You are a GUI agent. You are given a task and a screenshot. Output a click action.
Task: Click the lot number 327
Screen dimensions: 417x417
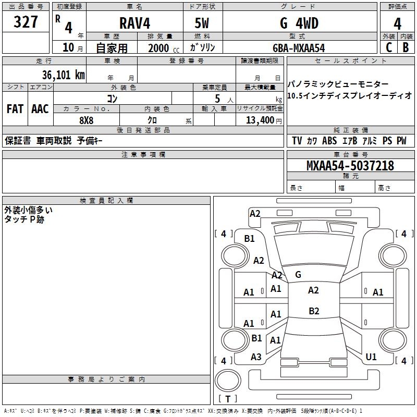[x=26, y=22]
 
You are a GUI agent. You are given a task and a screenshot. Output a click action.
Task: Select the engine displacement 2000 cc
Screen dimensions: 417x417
[x=156, y=48]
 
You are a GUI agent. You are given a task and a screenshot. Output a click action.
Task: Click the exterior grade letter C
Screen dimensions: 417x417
[x=389, y=47]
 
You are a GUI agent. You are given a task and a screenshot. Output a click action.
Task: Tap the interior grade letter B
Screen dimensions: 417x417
[x=406, y=47]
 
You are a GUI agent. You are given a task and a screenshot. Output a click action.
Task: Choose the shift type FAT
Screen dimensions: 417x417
[x=15, y=109]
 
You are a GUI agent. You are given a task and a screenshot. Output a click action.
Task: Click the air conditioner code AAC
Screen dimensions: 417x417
[x=40, y=109]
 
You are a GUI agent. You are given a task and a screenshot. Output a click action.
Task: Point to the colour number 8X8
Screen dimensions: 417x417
[x=87, y=120]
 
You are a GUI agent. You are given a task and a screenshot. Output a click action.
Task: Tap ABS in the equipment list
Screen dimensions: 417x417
[x=329, y=141]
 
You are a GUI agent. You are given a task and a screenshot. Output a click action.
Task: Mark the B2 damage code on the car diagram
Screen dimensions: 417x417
[x=314, y=311]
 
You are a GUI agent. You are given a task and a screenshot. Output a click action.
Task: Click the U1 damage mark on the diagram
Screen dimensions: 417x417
[x=371, y=357]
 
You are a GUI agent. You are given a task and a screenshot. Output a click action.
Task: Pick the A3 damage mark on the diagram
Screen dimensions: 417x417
[x=256, y=357]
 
